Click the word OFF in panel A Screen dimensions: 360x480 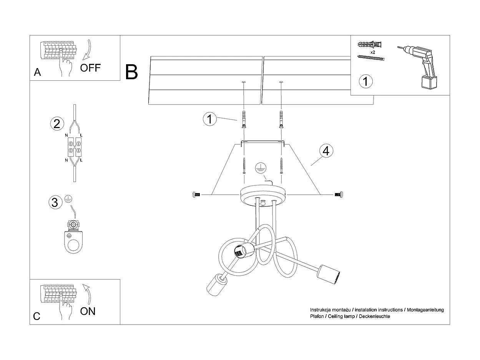pos(90,68)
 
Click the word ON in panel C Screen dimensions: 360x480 pos(88,311)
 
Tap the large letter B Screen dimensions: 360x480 pos(131,72)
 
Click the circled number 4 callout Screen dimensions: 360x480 pos(326,151)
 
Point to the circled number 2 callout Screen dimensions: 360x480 pos(56,124)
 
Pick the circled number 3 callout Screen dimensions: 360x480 pos(55,202)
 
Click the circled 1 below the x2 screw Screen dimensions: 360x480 pos(365,81)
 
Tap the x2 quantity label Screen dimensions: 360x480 pos(372,52)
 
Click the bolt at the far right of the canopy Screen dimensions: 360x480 pos(338,195)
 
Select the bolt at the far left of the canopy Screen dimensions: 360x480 pos(196,195)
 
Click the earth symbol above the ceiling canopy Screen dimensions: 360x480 pos(260,167)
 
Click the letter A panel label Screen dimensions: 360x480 pos(37,72)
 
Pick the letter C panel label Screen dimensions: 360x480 pos(37,316)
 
